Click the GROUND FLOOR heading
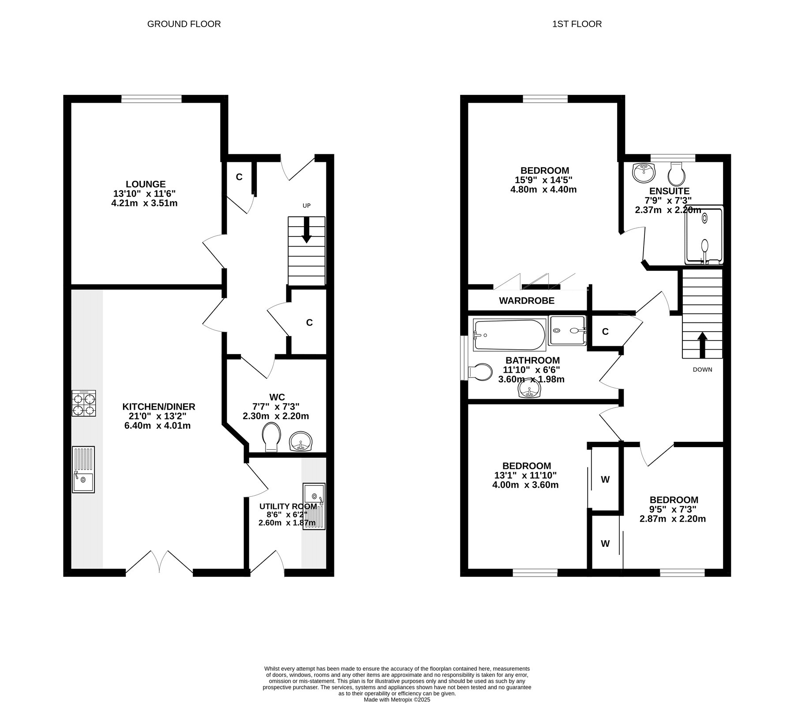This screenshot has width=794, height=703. (x=184, y=24)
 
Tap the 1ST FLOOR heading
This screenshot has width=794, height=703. (x=577, y=24)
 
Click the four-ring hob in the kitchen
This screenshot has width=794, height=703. (x=84, y=404)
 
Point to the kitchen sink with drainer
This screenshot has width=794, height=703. (x=83, y=469)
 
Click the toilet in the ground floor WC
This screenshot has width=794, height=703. (x=271, y=437)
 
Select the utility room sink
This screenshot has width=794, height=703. (x=314, y=506)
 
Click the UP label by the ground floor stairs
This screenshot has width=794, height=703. (x=307, y=206)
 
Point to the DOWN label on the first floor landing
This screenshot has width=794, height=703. (x=702, y=370)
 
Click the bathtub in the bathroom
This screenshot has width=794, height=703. (x=509, y=335)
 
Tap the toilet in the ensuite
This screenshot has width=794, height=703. (x=676, y=174)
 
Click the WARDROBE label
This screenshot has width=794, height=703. (x=527, y=301)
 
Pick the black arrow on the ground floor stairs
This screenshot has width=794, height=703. (x=306, y=230)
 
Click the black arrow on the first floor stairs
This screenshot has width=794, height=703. (x=702, y=345)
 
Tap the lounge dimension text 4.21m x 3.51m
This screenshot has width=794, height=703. (x=145, y=203)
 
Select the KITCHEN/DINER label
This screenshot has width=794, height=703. (x=159, y=407)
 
